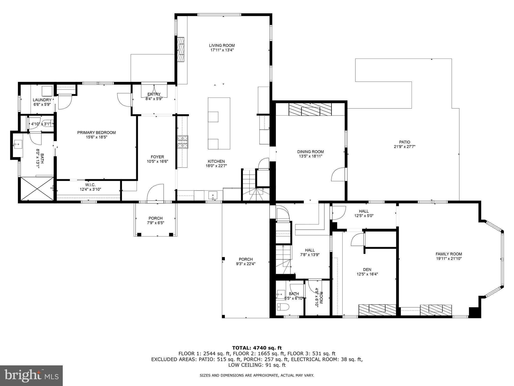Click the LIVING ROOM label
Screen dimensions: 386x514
point(222,45)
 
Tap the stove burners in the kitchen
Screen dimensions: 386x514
point(183,142)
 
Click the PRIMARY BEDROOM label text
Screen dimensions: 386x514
point(96,133)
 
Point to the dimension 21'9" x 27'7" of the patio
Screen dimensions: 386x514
point(405,147)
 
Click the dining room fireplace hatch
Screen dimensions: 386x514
point(310,110)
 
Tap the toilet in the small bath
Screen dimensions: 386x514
point(283,307)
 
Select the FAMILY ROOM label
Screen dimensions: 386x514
point(449,254)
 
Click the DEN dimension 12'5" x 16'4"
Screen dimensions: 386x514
point(367,274)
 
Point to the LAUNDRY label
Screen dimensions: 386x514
point(42,100)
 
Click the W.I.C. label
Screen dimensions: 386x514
point(90,185)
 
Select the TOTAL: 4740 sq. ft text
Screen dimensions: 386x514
point(257,348)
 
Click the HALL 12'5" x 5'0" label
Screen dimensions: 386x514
point(364,213)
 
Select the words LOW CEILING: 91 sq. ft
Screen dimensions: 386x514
point(257,365)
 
